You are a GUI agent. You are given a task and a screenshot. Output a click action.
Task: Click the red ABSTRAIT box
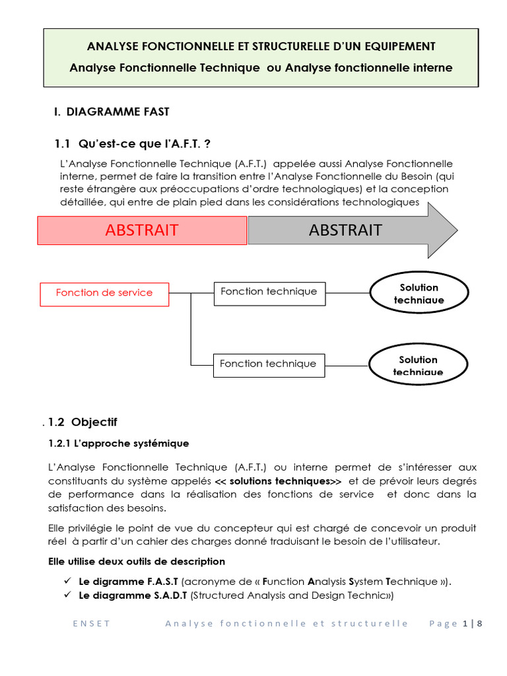pos(142,230)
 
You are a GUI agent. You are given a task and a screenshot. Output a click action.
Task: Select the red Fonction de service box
pos(104,293)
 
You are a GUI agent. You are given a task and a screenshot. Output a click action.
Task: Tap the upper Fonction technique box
pos(269,292)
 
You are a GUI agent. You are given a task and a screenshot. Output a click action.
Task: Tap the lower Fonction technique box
pos(269,364)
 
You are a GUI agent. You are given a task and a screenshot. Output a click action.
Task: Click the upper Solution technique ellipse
pos(419,293)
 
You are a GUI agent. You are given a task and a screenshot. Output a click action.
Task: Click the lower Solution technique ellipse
pos(418,364)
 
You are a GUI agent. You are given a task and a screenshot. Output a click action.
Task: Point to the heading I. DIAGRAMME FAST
pos(112,112)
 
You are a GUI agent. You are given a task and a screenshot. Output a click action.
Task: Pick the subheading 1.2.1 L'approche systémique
pos(119,444)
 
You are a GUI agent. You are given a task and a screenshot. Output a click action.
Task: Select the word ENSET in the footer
pos(92,624)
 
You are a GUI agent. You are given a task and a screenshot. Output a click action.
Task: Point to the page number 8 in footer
pos(480,624)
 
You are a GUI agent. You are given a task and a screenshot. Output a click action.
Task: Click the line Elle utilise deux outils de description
pos(137,562)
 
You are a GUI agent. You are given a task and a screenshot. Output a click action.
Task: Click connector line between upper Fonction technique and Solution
pos(347,292)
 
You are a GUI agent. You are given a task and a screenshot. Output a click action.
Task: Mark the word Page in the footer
pos(442,624)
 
